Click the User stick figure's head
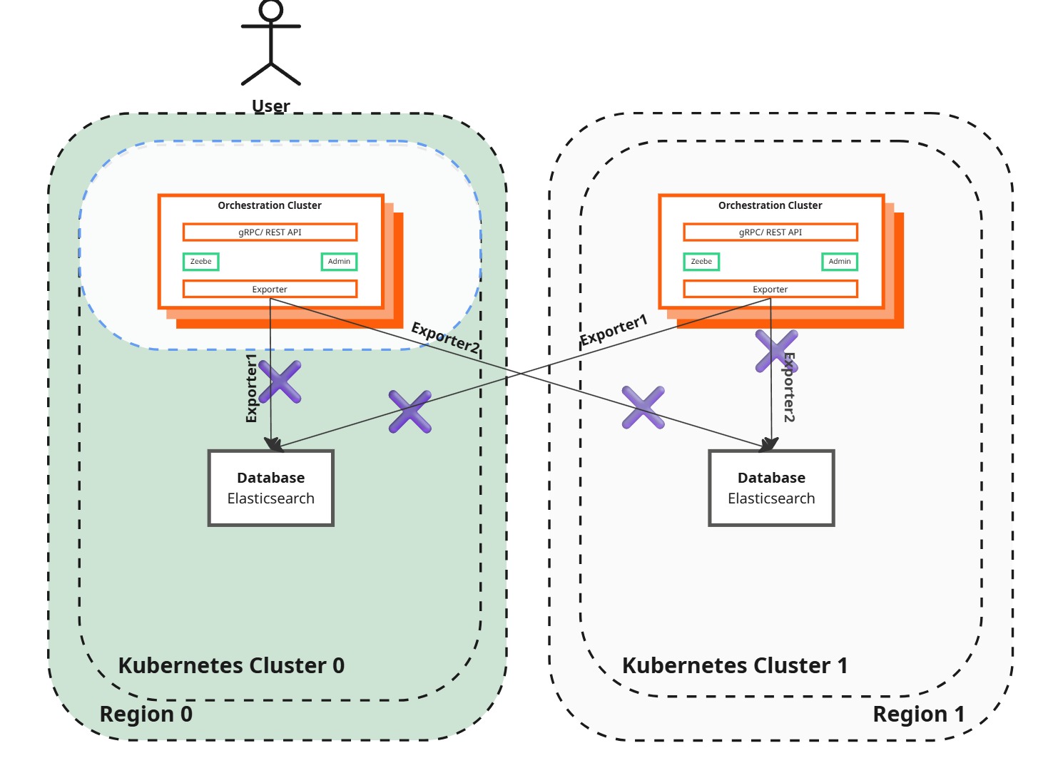tap(271, 10)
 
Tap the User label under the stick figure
tap(271, 106)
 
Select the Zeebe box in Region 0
tap(200, 262)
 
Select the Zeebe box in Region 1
tap(701, 262)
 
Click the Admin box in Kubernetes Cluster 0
tap(339, 262)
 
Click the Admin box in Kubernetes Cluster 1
tap(840, 262)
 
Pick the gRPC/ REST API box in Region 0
tap(270, 232)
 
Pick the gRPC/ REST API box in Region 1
tap(770, 232)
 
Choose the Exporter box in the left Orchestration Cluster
tap(270, 289)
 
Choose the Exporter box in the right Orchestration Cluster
tap(770, 289)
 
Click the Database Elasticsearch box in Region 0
tap(271, 488)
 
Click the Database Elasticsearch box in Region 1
tap(771, 488)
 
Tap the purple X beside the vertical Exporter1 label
tap(280, 382)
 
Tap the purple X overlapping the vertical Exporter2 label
tap(776, 351)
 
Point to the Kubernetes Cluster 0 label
tap(231, 665)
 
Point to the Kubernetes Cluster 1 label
tap(735, 665)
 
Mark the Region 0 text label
tap(146, 714)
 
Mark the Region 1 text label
tap(919, 714)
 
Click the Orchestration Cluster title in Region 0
tap(270, 205)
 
